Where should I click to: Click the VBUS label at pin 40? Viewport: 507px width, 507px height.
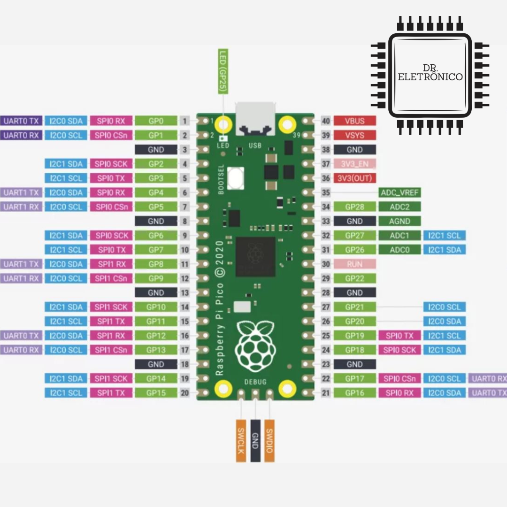354,121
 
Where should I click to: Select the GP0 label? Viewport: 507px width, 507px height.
156,121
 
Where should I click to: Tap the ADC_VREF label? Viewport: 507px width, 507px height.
399,192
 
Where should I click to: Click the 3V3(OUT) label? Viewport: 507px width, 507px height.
354,178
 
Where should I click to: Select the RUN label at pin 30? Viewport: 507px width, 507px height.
354,264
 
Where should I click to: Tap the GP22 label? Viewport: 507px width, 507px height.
354,278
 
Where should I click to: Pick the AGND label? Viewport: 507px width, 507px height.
399,221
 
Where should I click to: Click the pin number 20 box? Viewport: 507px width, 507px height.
185,393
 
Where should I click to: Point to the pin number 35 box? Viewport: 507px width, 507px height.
326,192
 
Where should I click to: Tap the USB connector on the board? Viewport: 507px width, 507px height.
255,118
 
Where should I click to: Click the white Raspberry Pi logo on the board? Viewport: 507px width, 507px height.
255,345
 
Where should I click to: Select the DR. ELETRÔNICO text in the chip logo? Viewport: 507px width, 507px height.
430,73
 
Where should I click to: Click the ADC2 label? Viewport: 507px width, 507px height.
399,207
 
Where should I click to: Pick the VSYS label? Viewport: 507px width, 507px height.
354,136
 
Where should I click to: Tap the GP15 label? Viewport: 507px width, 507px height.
156,393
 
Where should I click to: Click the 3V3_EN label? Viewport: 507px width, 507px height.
354,164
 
